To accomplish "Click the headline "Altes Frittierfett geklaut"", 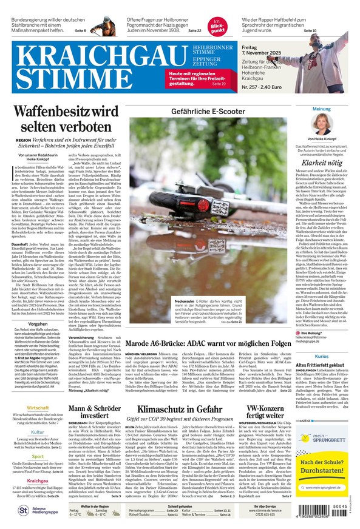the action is (321, 365).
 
